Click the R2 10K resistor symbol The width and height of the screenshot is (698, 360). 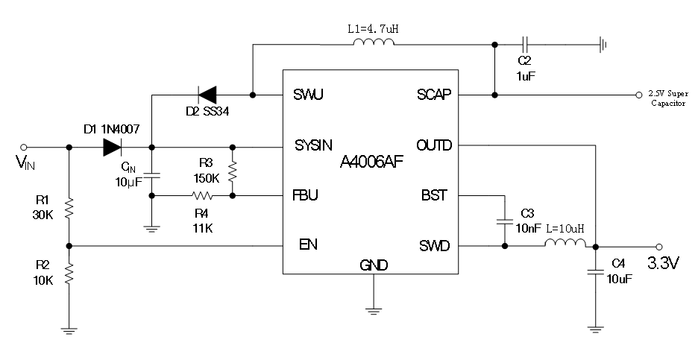pos(69,276)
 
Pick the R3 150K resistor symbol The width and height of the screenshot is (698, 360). pos(233,172)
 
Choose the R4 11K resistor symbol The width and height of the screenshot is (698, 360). pos(201,196)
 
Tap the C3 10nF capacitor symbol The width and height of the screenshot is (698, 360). pos(505,221)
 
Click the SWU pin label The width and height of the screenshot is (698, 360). pos(307,95)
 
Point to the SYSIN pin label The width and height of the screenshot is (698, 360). pos(313,145)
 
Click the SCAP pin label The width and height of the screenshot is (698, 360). pos(435,95)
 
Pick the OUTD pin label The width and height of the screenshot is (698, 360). pos(435,145)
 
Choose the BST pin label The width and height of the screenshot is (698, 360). pos(435,195)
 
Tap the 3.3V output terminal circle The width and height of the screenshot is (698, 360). pos(658,246)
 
